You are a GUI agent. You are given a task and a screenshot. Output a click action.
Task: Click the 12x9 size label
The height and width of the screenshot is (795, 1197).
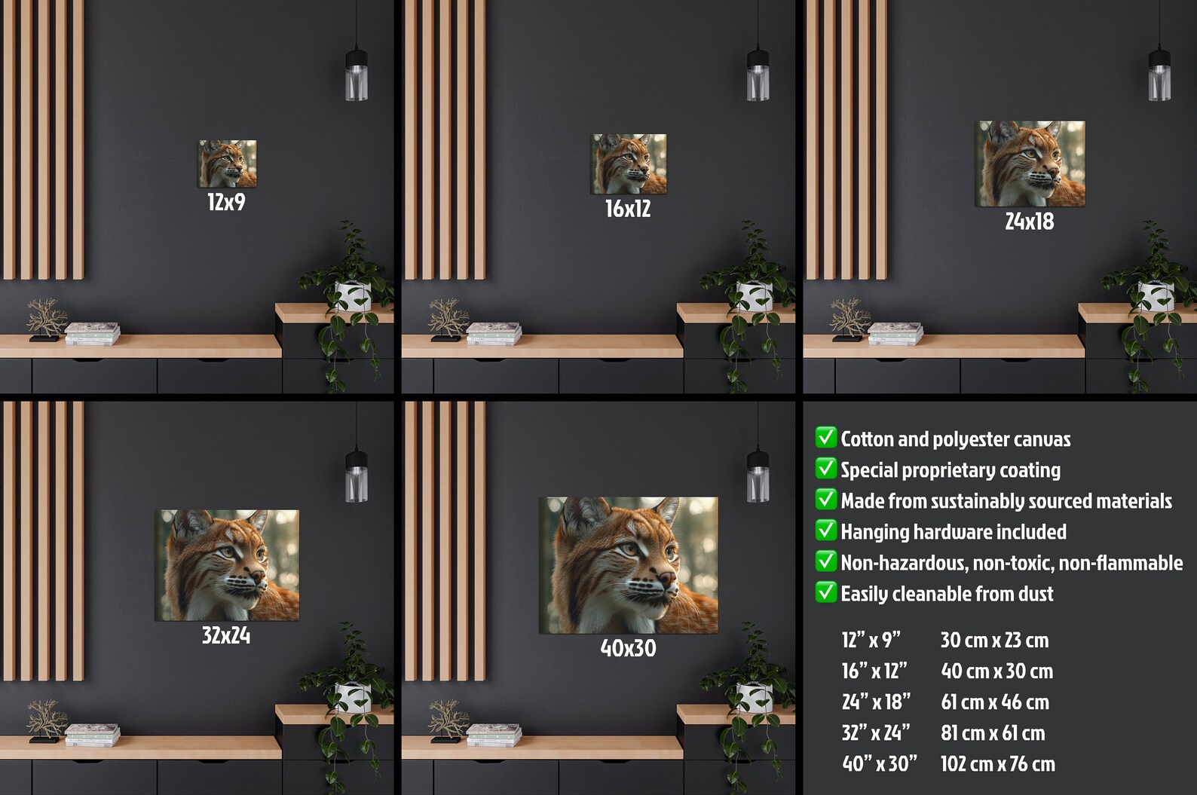pos(226,202)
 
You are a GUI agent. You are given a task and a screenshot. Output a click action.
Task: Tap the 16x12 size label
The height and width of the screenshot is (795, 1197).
pos(628,209)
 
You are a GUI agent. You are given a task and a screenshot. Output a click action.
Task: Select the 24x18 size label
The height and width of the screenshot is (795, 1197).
pos(1030,222)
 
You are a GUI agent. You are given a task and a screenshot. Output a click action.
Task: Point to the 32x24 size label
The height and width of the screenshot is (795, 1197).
pos(226,636)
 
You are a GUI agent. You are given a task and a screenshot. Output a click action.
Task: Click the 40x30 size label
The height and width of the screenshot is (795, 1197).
pos(628,648)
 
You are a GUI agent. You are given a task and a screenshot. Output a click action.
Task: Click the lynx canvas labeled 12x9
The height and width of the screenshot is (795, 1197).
pos(227,164)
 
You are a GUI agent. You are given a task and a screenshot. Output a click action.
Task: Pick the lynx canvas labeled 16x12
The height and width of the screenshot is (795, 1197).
pos(629,164)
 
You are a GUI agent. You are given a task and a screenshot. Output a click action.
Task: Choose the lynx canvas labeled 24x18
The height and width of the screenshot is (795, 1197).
pos(1030,164)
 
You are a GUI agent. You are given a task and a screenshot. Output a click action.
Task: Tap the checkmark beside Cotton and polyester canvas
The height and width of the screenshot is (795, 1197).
pos(825,438)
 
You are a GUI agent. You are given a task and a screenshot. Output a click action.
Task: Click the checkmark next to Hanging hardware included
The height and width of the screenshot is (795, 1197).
pos(825,531)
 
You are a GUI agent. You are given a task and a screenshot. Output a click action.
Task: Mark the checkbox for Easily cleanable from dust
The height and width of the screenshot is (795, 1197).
pos(825,592)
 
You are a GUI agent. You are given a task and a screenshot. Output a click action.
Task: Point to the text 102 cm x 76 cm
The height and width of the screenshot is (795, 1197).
pos(997,764)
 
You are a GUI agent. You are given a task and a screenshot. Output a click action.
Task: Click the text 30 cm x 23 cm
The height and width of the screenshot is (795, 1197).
pos(994,641)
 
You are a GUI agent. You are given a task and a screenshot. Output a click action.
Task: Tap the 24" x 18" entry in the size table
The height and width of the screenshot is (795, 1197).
pos(876,702)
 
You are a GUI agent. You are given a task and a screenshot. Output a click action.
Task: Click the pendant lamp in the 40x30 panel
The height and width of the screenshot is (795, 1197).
pos(758,476)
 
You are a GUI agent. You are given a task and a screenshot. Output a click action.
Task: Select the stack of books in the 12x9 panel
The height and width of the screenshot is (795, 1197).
pos(93,333)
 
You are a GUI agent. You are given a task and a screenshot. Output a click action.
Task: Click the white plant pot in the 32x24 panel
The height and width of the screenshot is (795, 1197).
pos(352,696)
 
